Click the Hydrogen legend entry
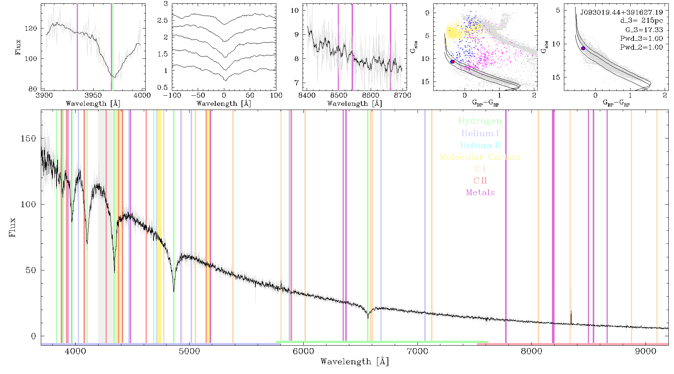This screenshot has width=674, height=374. [480, 121]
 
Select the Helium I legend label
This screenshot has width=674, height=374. [480, 133]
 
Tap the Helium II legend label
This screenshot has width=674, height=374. [480, 145]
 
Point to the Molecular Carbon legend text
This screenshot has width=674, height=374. [480, 157]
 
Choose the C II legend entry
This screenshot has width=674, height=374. [480, 181]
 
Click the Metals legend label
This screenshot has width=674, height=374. [480, 193]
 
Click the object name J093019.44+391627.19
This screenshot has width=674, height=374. [622, 12]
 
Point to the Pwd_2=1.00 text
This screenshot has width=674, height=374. [641, 47]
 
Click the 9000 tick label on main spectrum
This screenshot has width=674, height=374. [646, 351]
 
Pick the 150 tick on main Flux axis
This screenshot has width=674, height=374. [28, 138]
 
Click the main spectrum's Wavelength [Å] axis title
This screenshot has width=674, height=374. [355, 362]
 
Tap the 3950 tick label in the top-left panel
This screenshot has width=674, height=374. [93, 95]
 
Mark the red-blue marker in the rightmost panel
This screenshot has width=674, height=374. [583, 48]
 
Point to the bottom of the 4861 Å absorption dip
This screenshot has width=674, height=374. [174, 291]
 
